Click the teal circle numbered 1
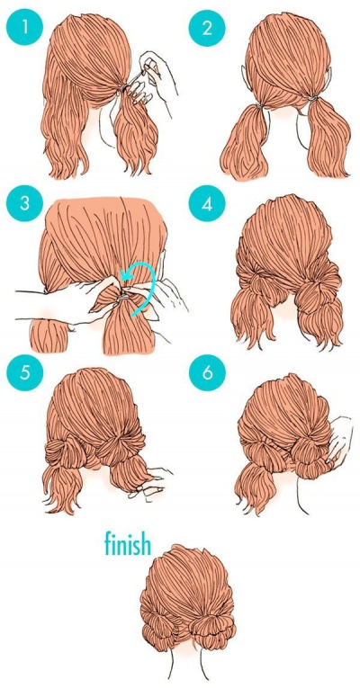click(24, 27)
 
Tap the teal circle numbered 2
click(207, 27)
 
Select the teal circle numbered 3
click(24, 204)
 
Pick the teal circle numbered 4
click(207, 204)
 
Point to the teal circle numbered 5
click(24, 372)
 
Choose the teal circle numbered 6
click(207, 372)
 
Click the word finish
click(128, 543)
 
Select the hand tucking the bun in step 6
click(339, 439)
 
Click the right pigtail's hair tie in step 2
click(312, 99)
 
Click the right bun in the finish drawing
click(206, 624)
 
